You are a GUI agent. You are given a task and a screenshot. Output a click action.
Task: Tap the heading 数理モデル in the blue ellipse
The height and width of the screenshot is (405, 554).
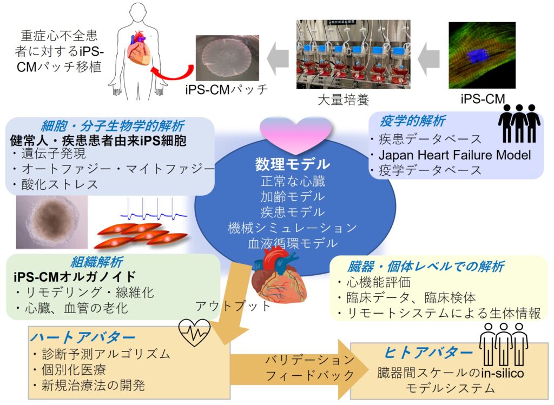[293, 163]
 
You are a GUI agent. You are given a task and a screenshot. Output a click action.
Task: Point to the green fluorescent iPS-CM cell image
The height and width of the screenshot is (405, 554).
[482, 55]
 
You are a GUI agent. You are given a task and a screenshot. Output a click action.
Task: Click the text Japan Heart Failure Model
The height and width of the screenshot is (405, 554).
[454, 155]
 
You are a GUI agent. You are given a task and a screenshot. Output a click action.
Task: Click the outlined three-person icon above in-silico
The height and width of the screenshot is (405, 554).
[504, 344]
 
